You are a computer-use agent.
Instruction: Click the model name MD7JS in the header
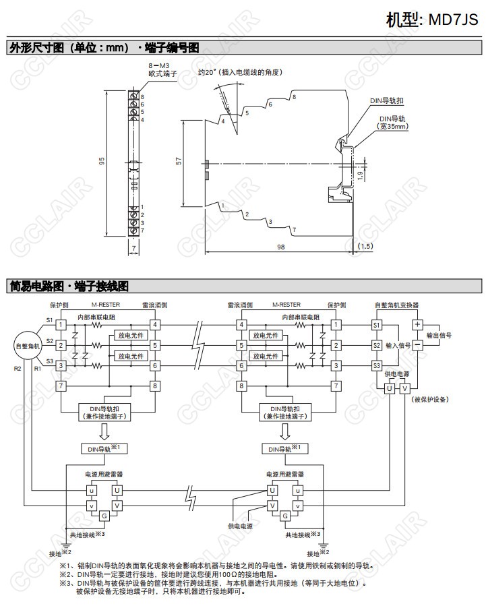454,18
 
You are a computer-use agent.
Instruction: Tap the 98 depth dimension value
280,247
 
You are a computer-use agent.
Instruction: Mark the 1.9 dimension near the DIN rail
361,177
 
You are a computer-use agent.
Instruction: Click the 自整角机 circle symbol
28,346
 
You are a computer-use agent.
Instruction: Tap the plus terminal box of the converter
417,324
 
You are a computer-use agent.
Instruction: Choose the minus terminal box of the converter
417,344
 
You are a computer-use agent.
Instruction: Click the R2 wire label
18,369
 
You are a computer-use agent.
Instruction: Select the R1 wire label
38,369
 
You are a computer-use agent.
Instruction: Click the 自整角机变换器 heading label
397,305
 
